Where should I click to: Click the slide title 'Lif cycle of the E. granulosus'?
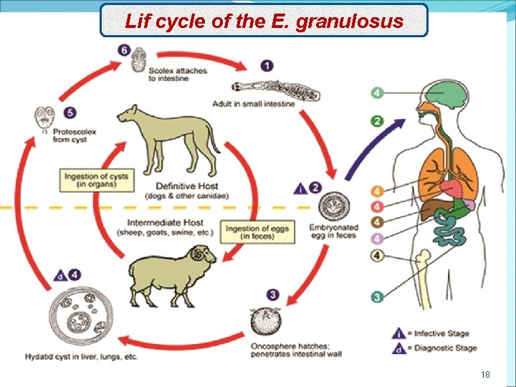tap(264, 21)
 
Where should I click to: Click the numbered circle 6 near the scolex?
tap(125, 49)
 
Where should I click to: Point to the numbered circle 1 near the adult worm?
tap(267, 66)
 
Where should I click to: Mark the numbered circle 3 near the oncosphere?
tap(273, 294)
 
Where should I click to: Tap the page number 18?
tap(486, 374)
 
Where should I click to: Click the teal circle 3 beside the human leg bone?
tap(378, 295)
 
